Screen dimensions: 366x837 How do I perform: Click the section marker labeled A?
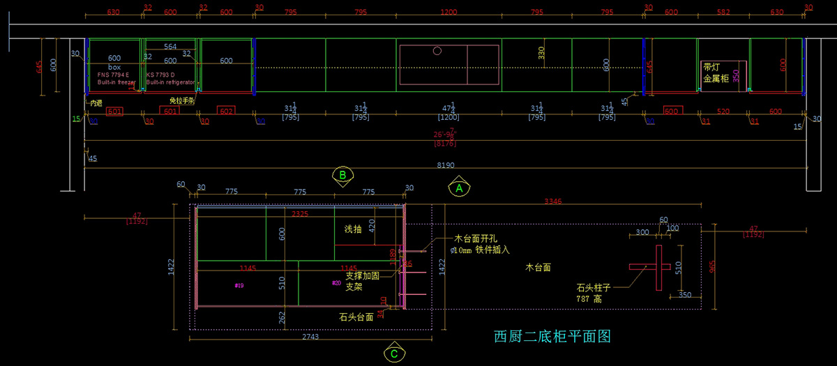point(459,188)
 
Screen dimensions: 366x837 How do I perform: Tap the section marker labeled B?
point(342,176)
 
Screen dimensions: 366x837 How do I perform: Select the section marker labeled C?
point(394,353)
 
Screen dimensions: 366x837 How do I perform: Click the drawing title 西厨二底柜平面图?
point(552,337)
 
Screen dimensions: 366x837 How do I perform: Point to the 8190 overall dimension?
point(444,166)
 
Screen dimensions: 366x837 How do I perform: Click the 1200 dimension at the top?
point(448,12)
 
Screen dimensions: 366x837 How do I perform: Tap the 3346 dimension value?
point(553,201)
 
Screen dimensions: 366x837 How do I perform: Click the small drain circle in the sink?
point(437,51)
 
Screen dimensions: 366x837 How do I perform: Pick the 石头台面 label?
point(356,317)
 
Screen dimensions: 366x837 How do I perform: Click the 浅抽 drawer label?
point(354,229)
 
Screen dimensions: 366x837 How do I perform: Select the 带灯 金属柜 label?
point(716,73)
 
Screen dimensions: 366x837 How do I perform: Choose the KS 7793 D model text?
point(161,74)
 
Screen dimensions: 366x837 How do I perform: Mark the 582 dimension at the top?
point(723,12)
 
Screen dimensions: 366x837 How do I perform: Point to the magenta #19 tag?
point(239,286)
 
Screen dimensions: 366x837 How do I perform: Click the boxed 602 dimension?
point(226,112)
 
